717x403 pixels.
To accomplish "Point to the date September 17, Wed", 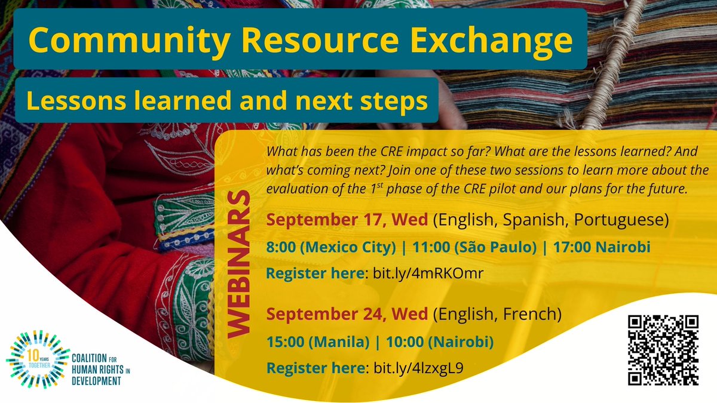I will pos(347,219).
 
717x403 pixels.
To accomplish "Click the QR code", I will pos(663,350).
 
